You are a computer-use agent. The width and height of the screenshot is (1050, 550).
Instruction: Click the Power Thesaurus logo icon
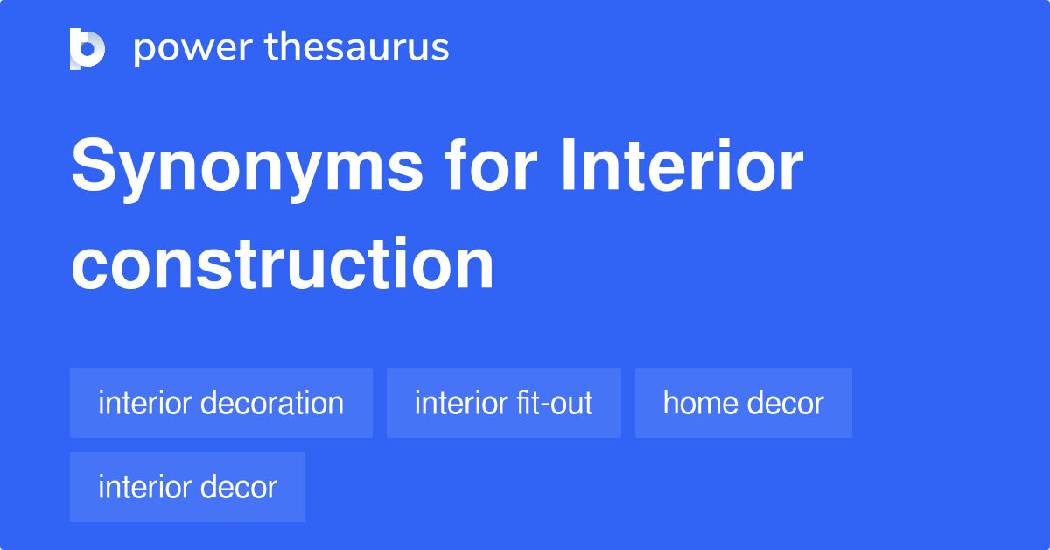click(87, 48)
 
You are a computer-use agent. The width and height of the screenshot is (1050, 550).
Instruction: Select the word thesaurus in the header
click(357, 48)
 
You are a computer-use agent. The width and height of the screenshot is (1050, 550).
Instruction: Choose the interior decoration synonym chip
click(221, 403)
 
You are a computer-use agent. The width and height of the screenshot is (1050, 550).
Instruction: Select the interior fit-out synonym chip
click(504, 403)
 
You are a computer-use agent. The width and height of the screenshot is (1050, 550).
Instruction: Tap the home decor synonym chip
click(744, 403)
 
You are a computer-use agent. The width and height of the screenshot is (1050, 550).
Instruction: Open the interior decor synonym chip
click(187, 487)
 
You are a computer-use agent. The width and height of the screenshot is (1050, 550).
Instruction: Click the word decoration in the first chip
click(272, 403)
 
